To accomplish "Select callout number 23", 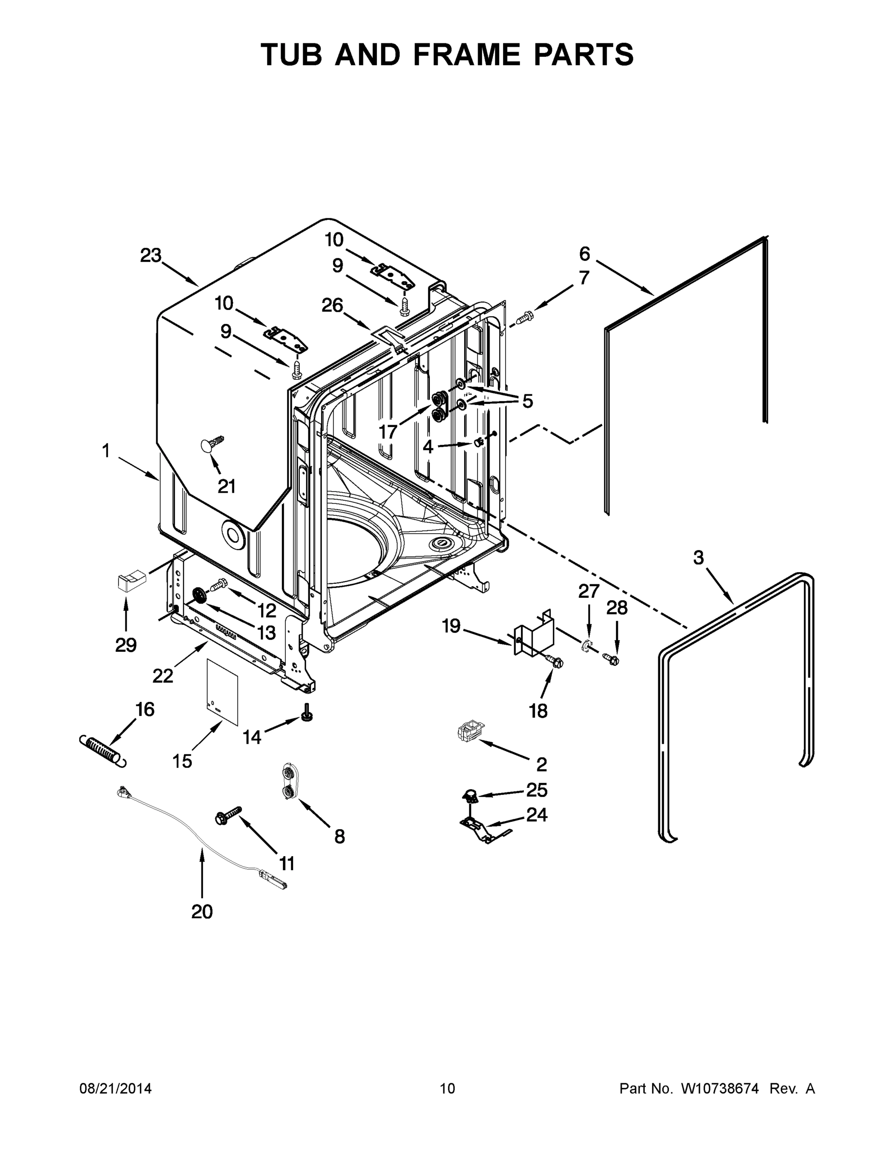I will coord(150,256).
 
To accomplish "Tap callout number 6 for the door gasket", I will coord(584,254).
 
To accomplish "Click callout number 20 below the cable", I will coord(202,912).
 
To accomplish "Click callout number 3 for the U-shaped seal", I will coord(698,558).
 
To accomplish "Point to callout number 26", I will coord(332,306).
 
